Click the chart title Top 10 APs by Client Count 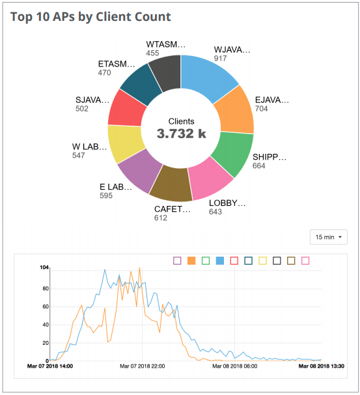pyautogui.click(x=90, y=16)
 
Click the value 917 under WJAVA pyautogui.click(x=221, y=59)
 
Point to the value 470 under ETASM pyautogui.click(x=104, y=73)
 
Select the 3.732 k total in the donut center pyautogui.click(x=181, y=134)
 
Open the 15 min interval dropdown pyautogui.click(x=329, y=237)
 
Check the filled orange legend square pyautogui.click(x=191, y=261)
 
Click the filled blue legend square pyautogui.click(x=220, y=261)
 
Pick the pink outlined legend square pyautogui.click(x=305, y=261)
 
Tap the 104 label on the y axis pyautogui.click(x=44, y=268)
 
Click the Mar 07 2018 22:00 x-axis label pyautogui.click(x=142, y=366)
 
